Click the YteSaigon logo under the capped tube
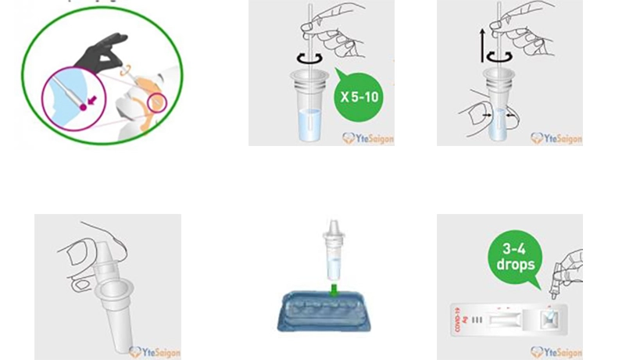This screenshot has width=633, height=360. pyautogui.click(x=155, y=352)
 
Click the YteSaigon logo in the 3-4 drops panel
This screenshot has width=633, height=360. pyautogui.click(x=556, y=351)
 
